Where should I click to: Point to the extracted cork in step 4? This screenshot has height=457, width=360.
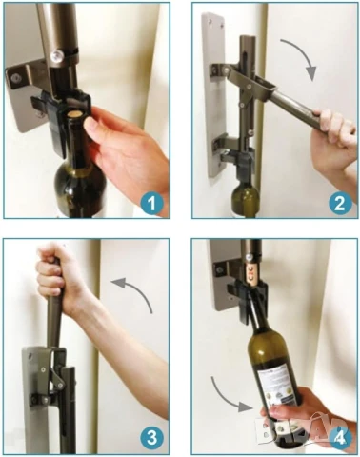point(250,276)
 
